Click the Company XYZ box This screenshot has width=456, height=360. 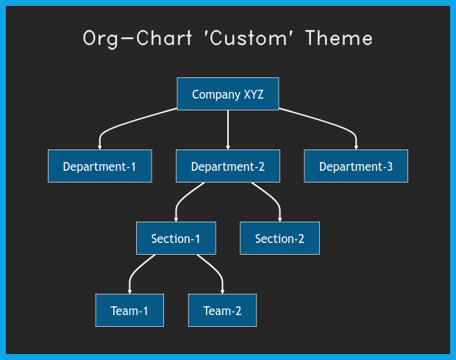[228, 93]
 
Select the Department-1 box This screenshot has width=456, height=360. [100, 166]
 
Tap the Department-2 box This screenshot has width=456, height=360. [228, 166]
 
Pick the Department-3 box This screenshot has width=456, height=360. [356, 166]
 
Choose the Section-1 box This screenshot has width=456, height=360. [176, 238]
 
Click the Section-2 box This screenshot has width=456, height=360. [279, 238]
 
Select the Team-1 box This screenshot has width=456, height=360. [129, 310]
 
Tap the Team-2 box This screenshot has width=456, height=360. [222, 310]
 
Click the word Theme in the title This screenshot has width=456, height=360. [339, 38]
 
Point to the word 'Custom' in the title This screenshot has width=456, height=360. [249, 38]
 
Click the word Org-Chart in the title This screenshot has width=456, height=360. [138, 39]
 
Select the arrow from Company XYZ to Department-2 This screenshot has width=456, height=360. [228, 130]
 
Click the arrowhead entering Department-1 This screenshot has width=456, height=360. [100, 147]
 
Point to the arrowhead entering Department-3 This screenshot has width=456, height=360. [356, 147]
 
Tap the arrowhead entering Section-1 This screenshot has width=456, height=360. [176, 219]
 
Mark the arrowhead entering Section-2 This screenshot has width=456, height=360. [279, 219]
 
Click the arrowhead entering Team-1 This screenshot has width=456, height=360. [129, 292]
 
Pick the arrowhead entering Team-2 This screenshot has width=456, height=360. [222, 292]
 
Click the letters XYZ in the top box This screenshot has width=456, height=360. [254, 94]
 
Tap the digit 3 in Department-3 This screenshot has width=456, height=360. [390, 167]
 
